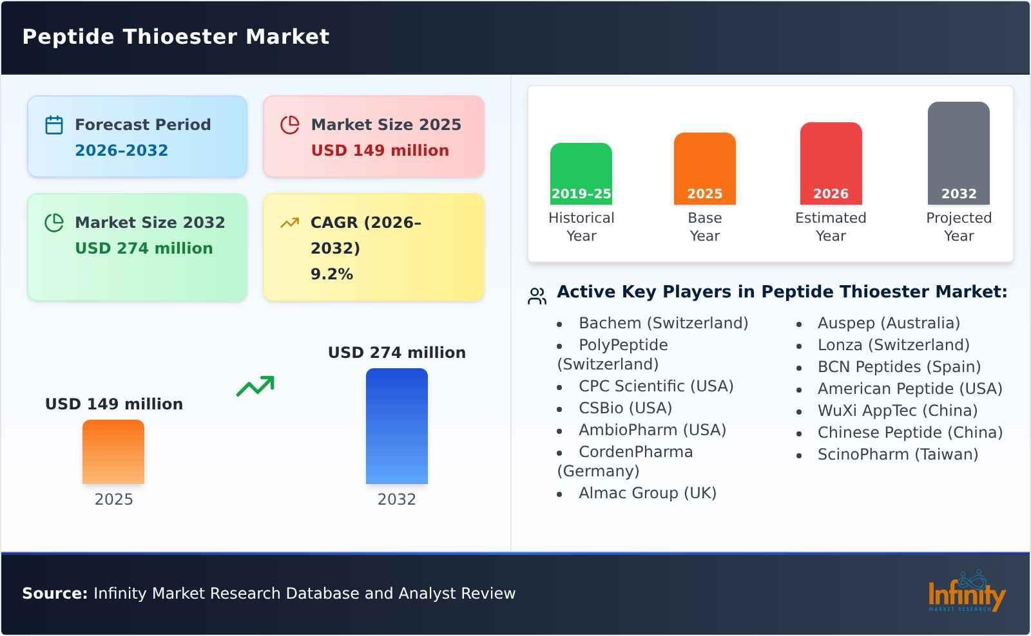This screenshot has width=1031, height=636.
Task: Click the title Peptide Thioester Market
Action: (175, 37)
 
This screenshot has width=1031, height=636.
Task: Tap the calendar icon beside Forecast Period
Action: (54, 125)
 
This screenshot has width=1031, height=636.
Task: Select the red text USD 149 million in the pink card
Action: (380, 151)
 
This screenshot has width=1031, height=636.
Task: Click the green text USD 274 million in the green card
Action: (144, 248)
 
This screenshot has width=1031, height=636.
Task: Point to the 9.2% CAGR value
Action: (331, 274)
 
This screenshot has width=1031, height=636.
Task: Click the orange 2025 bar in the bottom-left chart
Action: (113, 452)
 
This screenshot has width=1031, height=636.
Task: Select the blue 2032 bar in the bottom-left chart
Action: (396, 426)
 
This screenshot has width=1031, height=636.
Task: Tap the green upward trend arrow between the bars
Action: (255, 386)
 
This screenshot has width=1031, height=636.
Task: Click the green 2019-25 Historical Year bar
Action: (581, 173)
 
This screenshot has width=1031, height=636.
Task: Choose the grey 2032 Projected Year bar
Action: (958, 153)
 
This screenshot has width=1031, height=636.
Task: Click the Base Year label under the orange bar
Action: (704, 227)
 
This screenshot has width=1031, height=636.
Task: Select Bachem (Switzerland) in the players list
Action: (663, 323)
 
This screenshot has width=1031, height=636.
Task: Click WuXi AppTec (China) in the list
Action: (897, 411)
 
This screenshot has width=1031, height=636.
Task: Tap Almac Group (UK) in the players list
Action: (647, 493)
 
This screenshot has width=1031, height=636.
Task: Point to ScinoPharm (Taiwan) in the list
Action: (898, 454)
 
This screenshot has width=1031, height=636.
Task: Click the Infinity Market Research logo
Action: (966, 592)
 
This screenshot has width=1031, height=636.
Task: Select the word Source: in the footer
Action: (55, 594)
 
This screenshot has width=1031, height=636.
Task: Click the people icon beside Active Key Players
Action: (537, 296)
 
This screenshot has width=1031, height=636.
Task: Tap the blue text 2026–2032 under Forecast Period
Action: (121, 151)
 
